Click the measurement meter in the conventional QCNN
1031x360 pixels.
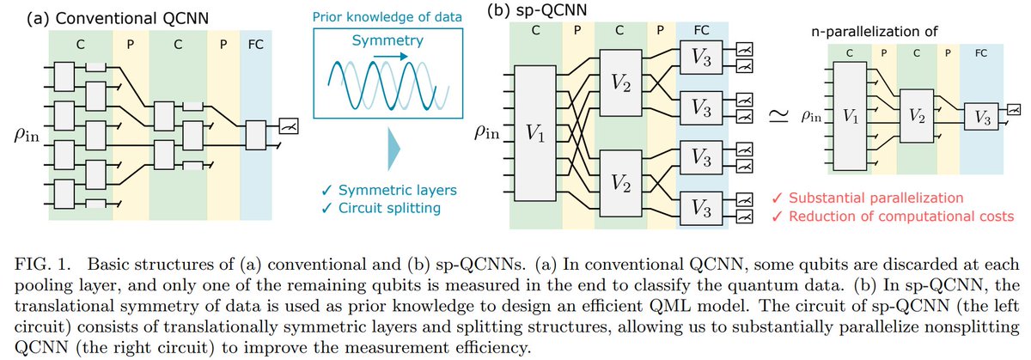coord(278,125)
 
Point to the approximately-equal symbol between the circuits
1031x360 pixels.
coord(774,120)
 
